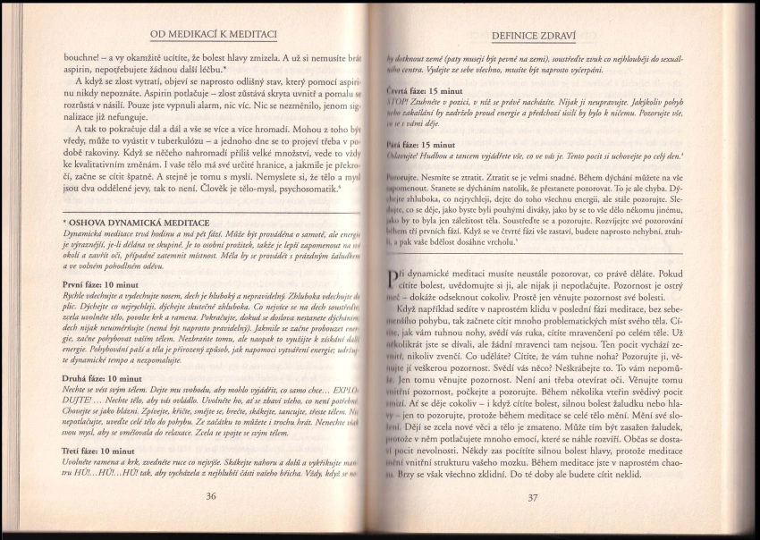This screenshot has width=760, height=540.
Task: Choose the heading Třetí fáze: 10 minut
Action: coord(99,451)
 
